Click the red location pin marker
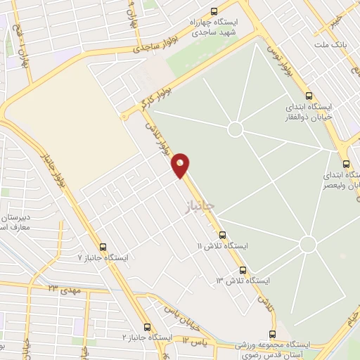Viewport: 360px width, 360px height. [x=181, y=165]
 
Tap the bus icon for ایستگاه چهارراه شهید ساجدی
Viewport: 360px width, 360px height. [x=214, y=11]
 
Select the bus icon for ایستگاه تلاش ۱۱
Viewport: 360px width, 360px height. [x=223, y=235]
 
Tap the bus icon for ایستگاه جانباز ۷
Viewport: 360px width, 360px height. [x=103, y=247]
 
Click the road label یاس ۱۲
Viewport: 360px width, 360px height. [x=197, y=340]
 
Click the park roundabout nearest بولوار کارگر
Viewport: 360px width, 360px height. [x=236, y=129]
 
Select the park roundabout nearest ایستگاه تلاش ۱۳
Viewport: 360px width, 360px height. [x=307, y=244]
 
